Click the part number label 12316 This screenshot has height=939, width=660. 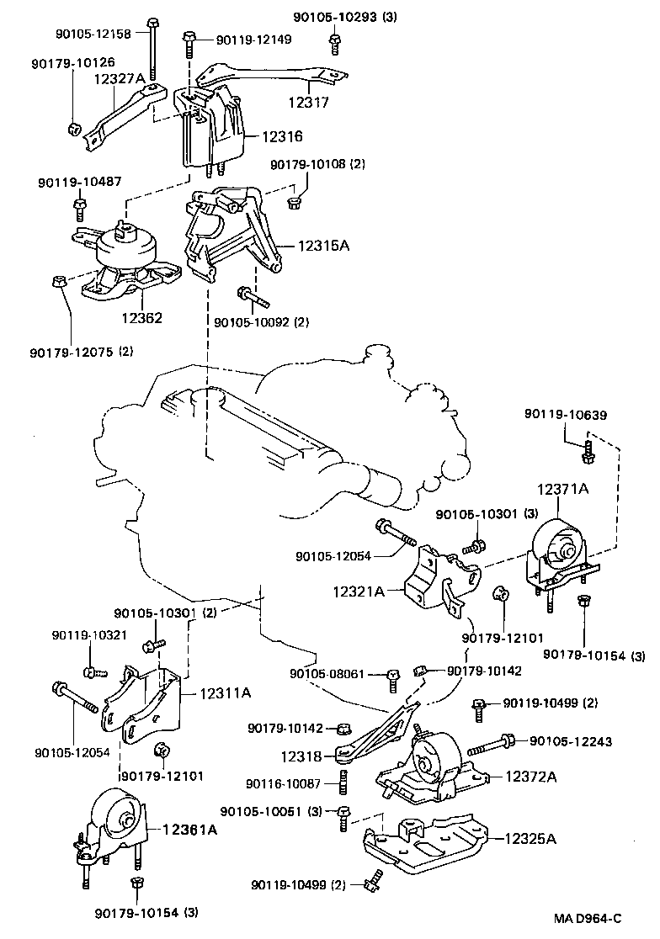pos(282,136)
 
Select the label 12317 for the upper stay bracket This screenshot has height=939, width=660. pos(308,102)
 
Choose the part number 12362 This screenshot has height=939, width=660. pos(141,318)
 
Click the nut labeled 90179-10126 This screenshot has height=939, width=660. pos(73,129)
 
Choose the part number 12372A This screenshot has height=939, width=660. pos(531,777)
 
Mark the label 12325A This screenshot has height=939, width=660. pos(530,838)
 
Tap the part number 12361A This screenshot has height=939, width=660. pos(189,829)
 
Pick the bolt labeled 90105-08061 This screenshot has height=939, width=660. pos(392,676)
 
